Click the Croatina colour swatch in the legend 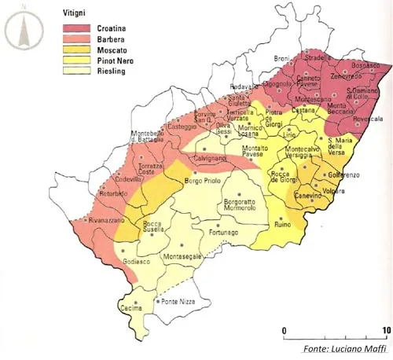coord(78,27)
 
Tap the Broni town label coord(281,58)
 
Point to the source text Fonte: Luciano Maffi coord(343,348)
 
